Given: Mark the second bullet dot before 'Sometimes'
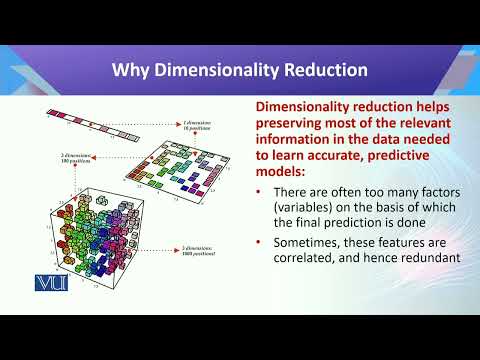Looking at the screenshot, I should coord(262,243).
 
